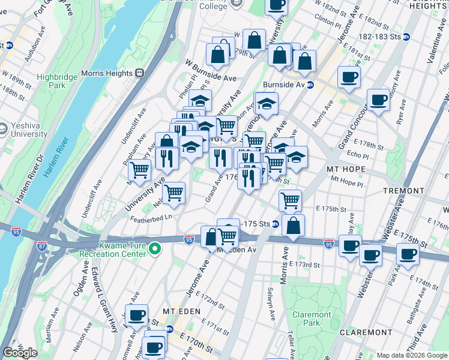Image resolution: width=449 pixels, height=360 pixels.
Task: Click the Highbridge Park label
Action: click(x=59, y=81)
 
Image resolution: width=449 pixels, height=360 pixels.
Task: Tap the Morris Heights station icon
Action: click(x=139, y=73)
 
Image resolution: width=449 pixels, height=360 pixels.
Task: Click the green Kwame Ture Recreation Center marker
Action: click(x=155, y=248)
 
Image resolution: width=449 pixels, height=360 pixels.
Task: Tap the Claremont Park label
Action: click(x=311, y=319)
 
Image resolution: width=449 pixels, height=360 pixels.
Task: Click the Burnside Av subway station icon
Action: click(x=310, y=85)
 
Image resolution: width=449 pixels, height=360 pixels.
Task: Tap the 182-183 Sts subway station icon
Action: click(x=406, y=37)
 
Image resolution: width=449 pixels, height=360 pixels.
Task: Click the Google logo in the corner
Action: click(x=20, y=353)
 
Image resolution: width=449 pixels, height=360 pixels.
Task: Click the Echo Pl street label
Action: click(x=358, y=155)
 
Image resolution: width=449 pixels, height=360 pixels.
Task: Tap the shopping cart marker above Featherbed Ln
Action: click(x=173, y=193)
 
